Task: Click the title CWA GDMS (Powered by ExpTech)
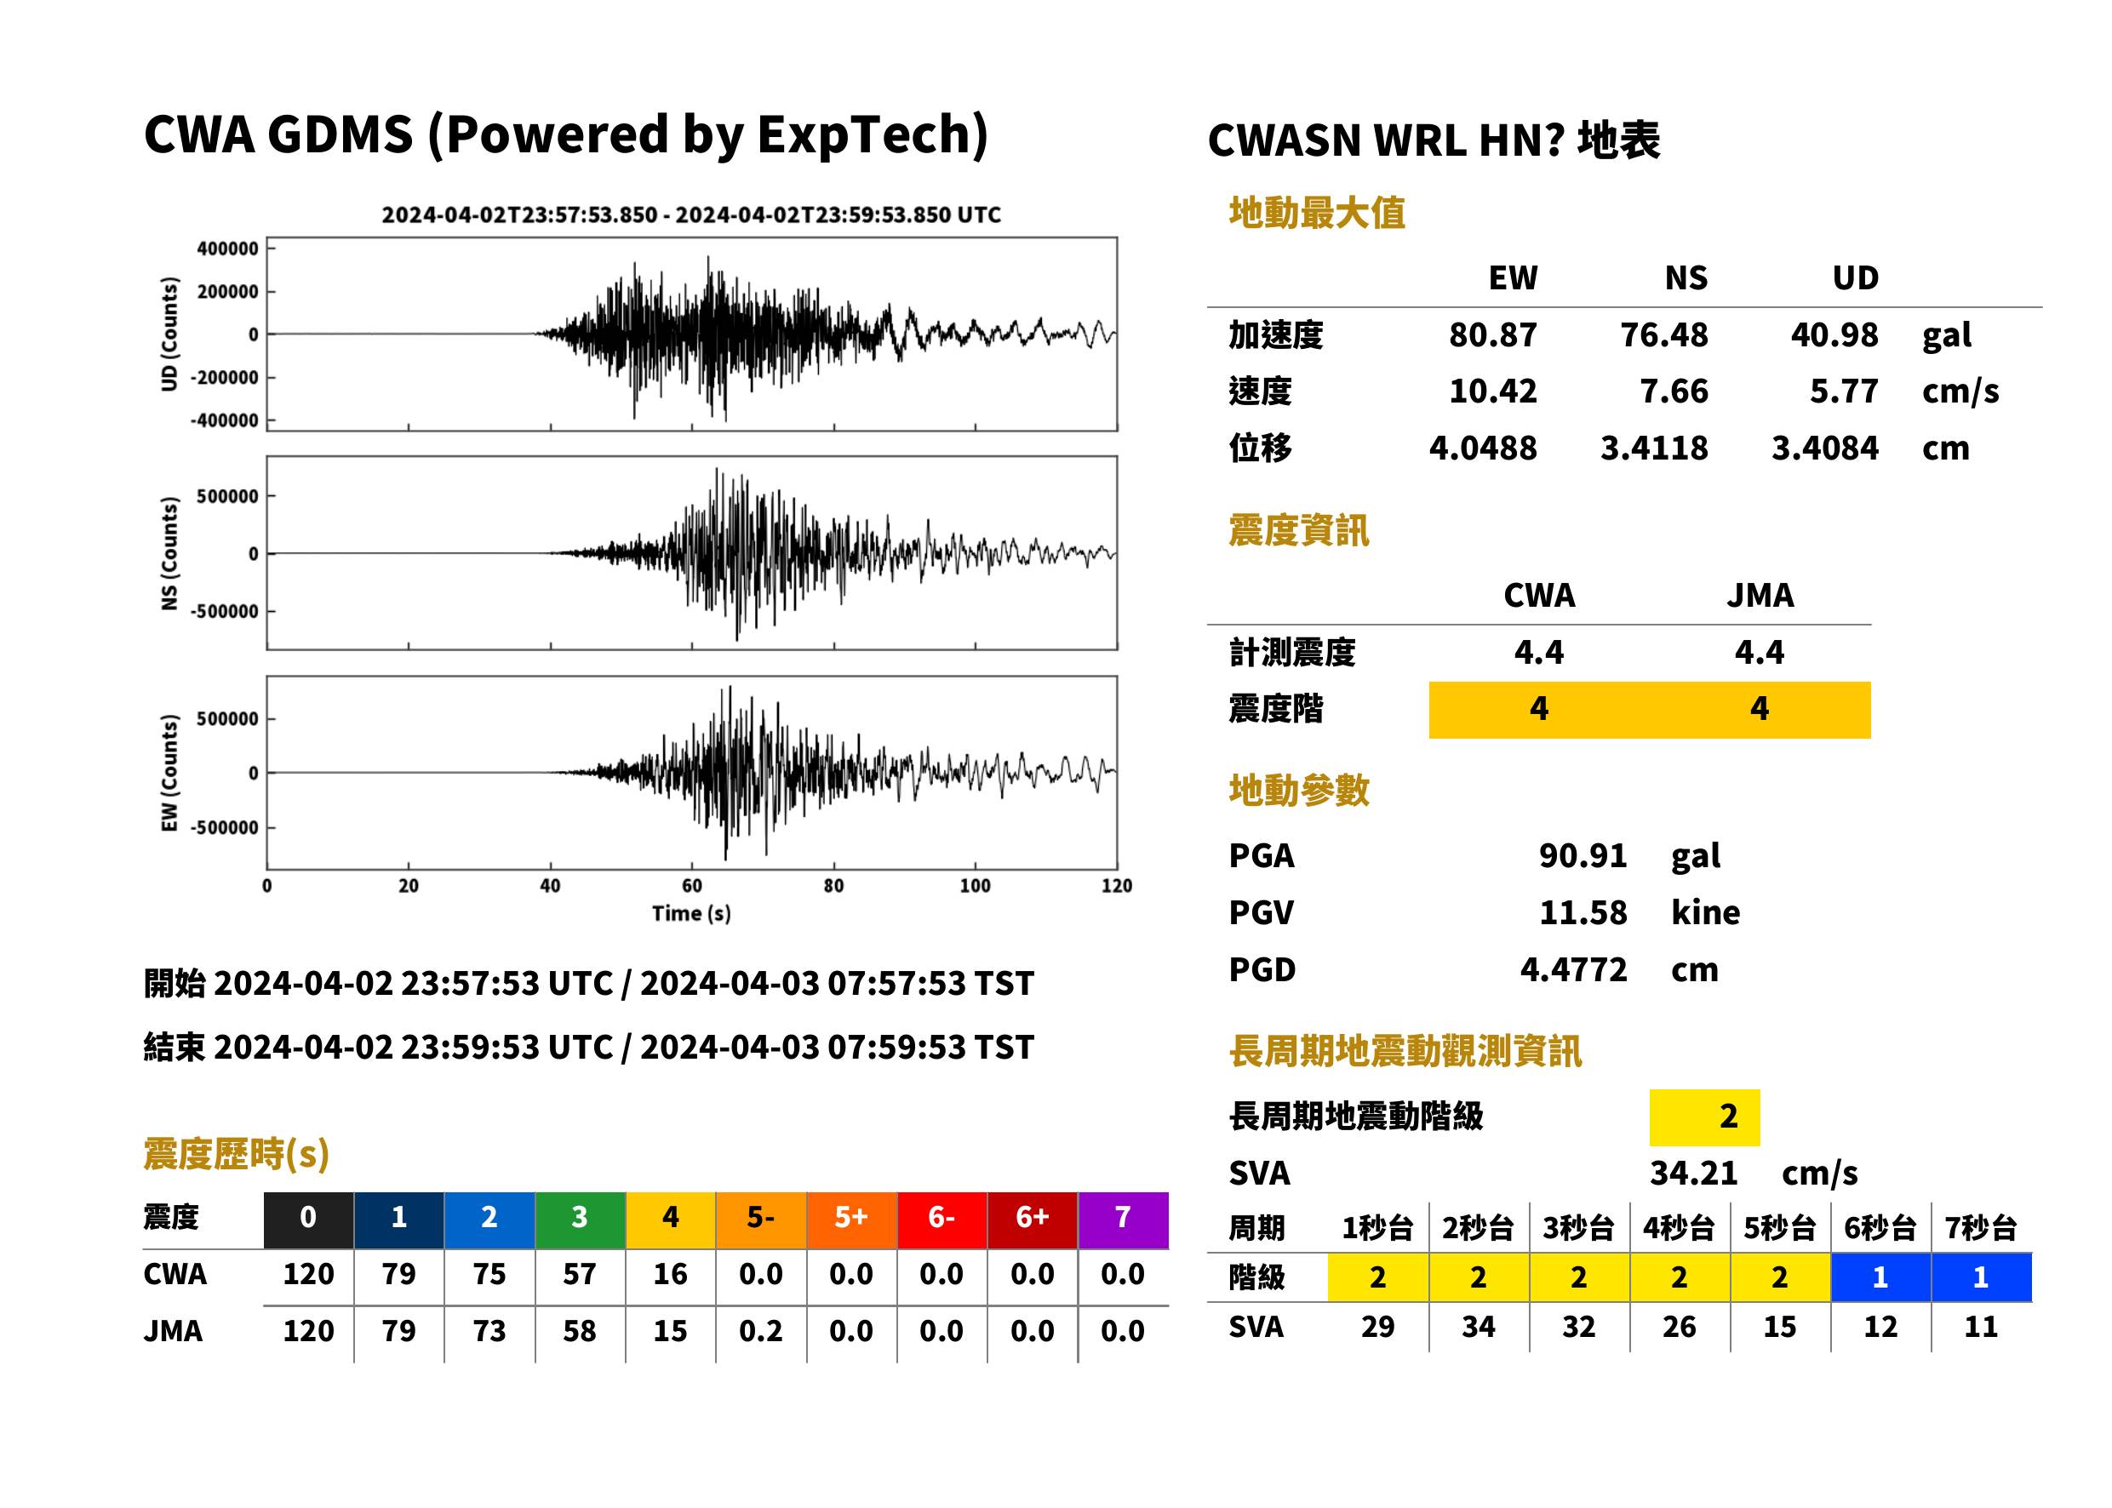(x=565, y=135)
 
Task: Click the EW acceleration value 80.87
(x=1492, y=335)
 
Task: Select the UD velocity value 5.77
(x=1844, y=391)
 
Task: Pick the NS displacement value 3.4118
(x=1654, y=448)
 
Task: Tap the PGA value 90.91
(x=1583, y=856)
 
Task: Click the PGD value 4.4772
(x=1573, y=970)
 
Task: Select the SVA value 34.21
(x=1693, y=1174)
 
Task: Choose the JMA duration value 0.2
(x=761, y=1332)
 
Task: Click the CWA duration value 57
(x=580, y=1275)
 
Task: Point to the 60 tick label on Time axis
(x=692, y=886)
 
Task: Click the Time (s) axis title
(x=691, y=914)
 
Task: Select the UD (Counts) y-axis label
(x=169, y=334)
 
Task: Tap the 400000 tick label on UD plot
(x=227, y=248)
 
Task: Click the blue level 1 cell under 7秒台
(x=1980, y=1277)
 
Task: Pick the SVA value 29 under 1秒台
(x=1377, y=1327)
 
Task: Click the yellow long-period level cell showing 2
(x=1704, y=1117)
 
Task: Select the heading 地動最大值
(x=1317, y=214)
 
